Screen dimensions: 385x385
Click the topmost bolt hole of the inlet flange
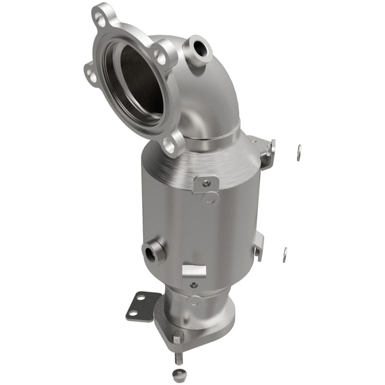(100, 19)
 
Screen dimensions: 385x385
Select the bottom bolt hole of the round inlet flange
(169, 143)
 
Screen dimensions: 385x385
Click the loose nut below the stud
(179, 376)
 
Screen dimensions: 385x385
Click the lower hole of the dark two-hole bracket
(133, 313)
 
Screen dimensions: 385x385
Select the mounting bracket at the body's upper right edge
(267, 152)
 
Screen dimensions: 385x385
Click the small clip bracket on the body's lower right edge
(259, 245)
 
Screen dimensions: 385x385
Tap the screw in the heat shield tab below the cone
(206, 183)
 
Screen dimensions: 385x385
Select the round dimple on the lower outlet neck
(193, 301)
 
